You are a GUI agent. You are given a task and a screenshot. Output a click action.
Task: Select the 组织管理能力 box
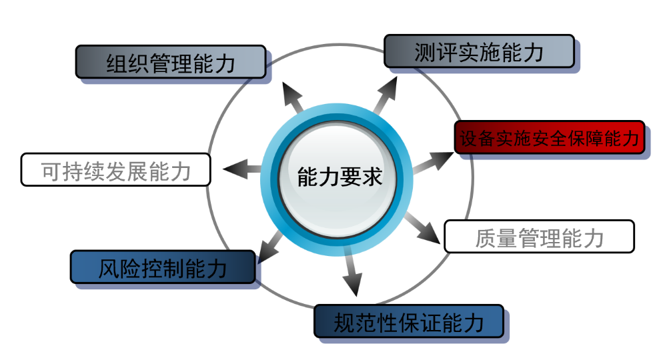[x=171, y=63]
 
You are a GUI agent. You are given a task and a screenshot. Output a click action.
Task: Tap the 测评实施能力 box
[x=479, y=51]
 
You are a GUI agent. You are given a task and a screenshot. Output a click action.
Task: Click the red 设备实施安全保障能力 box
[x=549, y=138]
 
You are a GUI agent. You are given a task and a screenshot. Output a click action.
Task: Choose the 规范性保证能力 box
[x=408, y=322]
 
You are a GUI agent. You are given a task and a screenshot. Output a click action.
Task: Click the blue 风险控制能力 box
[x=163, y=267]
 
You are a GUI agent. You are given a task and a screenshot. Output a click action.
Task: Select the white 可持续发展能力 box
[x=116, y=170]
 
